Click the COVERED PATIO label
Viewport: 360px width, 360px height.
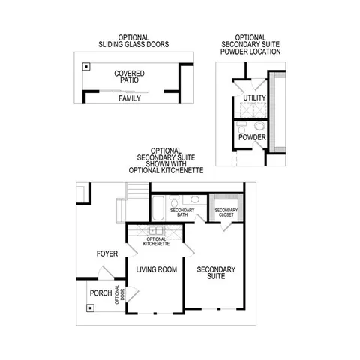pyautogui.click(x=130, y=78)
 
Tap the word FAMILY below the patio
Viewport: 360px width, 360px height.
pyautogui.click(x=130, y=98)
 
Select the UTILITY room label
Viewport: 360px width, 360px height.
pyautogui.click(x=250, y=99)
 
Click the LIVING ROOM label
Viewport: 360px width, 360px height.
pyautogui.click(x=155, y=269)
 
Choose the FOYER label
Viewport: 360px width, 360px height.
pyautogui.click(x=106, y=254)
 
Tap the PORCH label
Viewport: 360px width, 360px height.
pyautogui.click(x=100, y=292)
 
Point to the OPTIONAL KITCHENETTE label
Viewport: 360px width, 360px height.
pyautogui.click(x=155, y=241)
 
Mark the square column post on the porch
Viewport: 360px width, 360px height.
pyautogui.click(x=88, y=306)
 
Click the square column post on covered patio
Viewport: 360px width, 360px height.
pyautogui.click(x=87, y=67)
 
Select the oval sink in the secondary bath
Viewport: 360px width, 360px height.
pyautogui.click(x=193, y=200)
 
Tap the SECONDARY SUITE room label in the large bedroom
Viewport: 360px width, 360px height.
pyautogui.click(x=216, y=274)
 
